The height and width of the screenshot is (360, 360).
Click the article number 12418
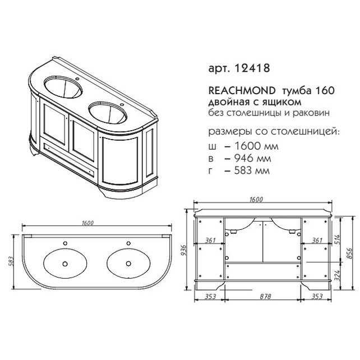(252, 68)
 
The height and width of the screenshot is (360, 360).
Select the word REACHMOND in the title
(242, 91)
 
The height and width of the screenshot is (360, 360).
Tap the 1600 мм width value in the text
(256, 146)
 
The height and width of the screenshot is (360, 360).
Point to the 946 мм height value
(252, 158)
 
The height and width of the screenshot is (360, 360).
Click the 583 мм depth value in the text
(252, 170)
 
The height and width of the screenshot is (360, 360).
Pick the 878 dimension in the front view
(265, 297)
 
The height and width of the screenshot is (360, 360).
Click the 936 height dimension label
(183, 251)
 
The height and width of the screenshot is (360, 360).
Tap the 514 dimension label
(337, 239)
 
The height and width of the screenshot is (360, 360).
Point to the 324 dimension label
(337, 275)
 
